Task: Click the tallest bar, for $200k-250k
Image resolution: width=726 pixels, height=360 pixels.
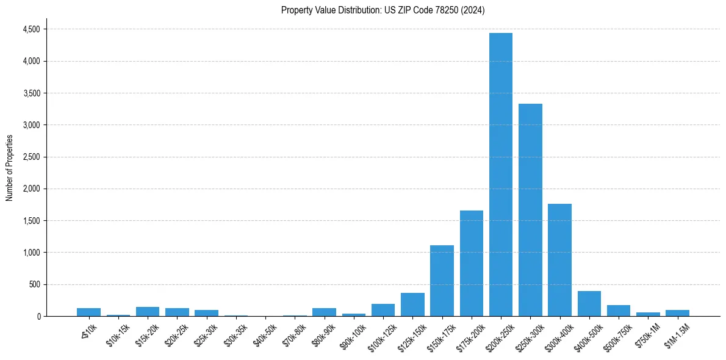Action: (501, 175)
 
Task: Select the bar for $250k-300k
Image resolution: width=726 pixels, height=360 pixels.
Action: (530, 210)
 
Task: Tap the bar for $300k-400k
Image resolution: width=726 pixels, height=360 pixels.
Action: (559, 260)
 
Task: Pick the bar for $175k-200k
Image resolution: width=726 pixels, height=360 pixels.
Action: (472, 263)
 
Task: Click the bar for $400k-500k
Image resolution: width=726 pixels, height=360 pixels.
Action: (589, 304)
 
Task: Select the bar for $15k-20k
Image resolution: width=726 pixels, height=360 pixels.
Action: (148, 311)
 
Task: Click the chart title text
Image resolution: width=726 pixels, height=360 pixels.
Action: (383, 10)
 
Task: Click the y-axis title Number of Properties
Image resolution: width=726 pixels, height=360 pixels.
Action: (9, 168)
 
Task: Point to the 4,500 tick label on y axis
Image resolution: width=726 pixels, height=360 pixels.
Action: (31, 29)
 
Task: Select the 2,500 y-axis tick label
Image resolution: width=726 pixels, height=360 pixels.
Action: (31, 157)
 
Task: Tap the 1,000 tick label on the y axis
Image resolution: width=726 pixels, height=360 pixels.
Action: (31, 253)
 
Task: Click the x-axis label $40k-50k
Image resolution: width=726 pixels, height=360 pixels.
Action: (264, 333)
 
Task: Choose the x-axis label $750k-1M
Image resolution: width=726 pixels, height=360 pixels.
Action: (647, 333)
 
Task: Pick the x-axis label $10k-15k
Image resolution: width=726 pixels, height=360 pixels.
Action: (117, 333)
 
